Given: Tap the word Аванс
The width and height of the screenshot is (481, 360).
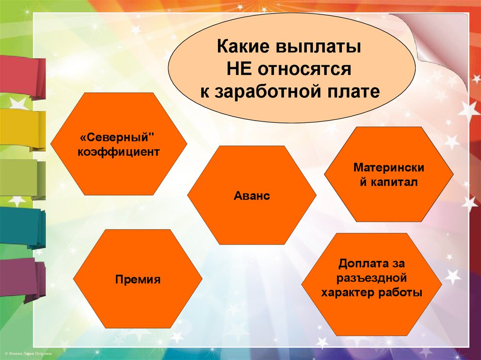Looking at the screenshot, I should point(252,196).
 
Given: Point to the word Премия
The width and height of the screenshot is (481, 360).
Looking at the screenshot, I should point(138,280).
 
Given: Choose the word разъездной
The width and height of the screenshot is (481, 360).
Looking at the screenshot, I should point(371,278).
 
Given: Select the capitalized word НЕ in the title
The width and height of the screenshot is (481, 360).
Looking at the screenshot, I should point(240,70).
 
